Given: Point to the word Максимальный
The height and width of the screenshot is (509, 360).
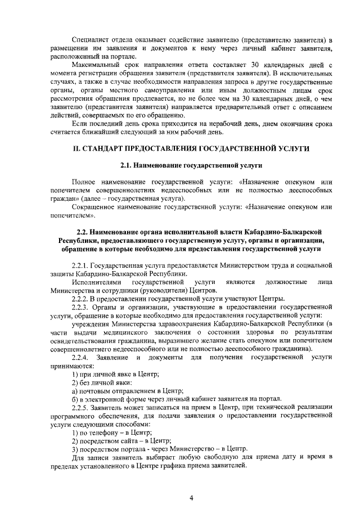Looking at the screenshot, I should [96, 65].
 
